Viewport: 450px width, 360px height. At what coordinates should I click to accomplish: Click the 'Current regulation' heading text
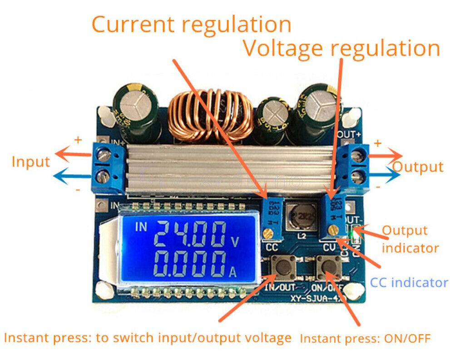coord(191,24)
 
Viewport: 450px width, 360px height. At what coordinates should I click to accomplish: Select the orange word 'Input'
coord(31,161)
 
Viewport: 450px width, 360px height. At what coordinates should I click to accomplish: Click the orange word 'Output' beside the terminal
coord(418,167)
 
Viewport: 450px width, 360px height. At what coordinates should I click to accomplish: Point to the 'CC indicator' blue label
coord(409,282)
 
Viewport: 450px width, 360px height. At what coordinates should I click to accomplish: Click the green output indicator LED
coord(352,235)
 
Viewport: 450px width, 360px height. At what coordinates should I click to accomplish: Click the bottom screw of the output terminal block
coord(362,175)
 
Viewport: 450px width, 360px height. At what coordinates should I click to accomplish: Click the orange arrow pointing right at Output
coord(386,156)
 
